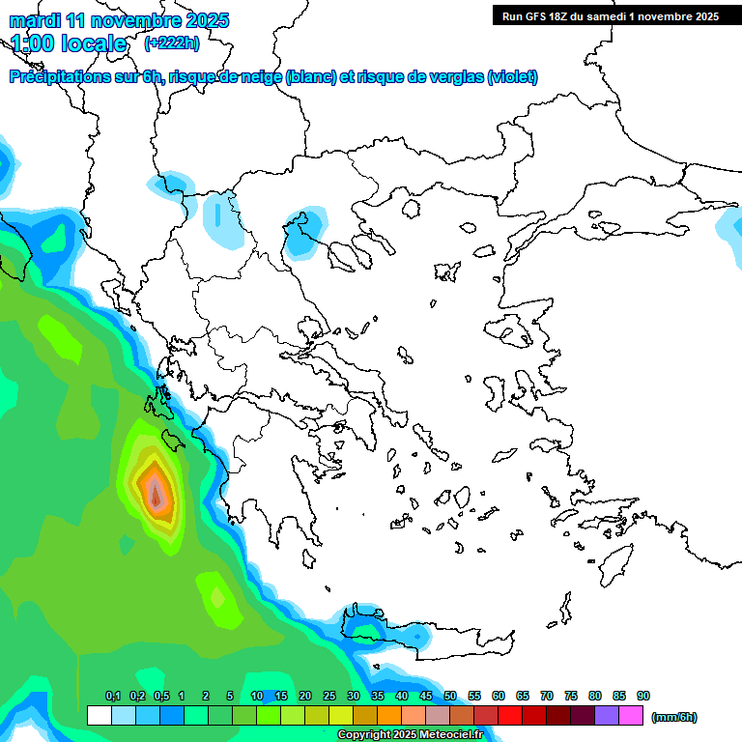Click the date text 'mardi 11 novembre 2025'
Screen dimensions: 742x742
[x=119, y=20]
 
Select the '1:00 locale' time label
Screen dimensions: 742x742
[x=69, y=43]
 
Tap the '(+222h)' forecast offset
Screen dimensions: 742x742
[x=172, y=43]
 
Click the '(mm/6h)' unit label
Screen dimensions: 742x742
[x=673, y=717]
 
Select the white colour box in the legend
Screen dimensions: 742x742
[x=99, y=715]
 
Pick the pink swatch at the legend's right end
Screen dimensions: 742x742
[x=631, y=715]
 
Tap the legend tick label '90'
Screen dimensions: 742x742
[x=643, y=696]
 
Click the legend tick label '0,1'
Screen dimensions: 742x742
[x=113, y=696]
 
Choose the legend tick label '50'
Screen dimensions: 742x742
[x=450, y=696]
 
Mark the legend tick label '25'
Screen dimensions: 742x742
[x=329, y=696]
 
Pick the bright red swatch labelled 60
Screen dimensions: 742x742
[x=510, y=715]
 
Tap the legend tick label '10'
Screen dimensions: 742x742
[x=257, y=696]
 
